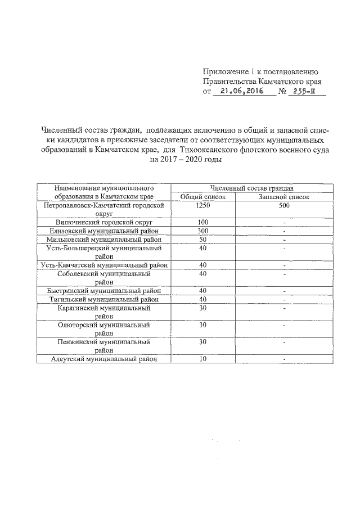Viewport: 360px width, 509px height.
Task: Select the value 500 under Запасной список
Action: (x=283, y=206)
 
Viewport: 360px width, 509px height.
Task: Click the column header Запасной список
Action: (x=283, y=196)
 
